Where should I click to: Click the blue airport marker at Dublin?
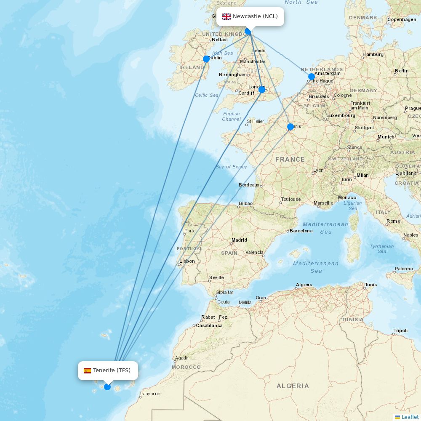(206, 59)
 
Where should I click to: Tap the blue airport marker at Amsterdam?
(312, 77)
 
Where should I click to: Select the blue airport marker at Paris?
(290, 127)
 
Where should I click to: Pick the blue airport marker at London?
(262, 90)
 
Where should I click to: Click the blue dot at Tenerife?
(107, 387)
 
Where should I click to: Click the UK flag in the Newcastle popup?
(226, 16)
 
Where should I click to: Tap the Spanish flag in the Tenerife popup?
(87, 370)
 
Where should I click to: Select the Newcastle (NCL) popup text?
(255, 16)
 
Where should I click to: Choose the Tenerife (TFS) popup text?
(112, 370)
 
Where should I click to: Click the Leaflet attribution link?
(410, 417)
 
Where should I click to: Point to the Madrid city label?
(239, 240)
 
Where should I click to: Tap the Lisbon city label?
(187, 261)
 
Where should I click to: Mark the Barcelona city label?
(301, 231)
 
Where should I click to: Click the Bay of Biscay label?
(231, 167)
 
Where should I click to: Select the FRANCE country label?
(290, 160)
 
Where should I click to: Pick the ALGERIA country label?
(293, 386)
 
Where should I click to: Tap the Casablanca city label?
(209, 325)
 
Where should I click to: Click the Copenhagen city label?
(402, 19)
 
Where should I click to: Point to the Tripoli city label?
(400, 330)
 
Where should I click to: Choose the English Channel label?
(231, 116)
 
